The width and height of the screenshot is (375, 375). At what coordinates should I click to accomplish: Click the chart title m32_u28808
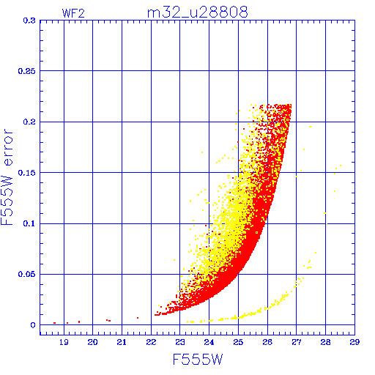(197, 12)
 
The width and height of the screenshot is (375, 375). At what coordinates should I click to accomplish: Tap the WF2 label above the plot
(73, 13)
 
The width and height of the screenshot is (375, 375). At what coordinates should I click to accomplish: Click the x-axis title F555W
(198, 360)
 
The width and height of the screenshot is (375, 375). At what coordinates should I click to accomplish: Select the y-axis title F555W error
(7, 177)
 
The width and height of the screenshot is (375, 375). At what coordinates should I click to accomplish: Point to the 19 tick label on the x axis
(64, 342)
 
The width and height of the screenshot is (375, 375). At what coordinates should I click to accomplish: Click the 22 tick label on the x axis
(151, 342)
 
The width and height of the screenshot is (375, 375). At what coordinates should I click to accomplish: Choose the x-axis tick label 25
(238, 342)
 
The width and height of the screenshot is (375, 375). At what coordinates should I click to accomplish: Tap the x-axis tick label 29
(354, 342)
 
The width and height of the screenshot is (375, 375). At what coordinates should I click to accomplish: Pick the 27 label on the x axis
(297, 342)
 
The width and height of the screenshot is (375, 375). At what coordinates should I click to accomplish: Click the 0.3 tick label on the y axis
(29, 21)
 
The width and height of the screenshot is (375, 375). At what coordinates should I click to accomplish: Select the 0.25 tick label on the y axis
(27, 71)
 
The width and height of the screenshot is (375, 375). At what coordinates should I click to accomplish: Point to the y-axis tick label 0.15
(27, 173)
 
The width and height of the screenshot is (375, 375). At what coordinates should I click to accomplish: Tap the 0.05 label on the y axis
(27, 274)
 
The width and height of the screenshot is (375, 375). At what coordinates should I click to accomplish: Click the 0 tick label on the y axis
(33, 325)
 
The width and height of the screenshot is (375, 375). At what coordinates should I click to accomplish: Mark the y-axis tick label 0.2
(29, 122)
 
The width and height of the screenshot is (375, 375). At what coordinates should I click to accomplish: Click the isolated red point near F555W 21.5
(138, 318)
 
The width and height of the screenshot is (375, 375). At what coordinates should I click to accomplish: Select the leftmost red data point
(54, 323)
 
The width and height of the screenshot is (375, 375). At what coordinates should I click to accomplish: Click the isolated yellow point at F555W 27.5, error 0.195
(310, 127)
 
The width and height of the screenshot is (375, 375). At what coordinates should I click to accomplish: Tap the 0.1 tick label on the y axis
(29, 223)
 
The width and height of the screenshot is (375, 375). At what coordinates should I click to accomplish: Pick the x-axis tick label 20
(93, 342)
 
